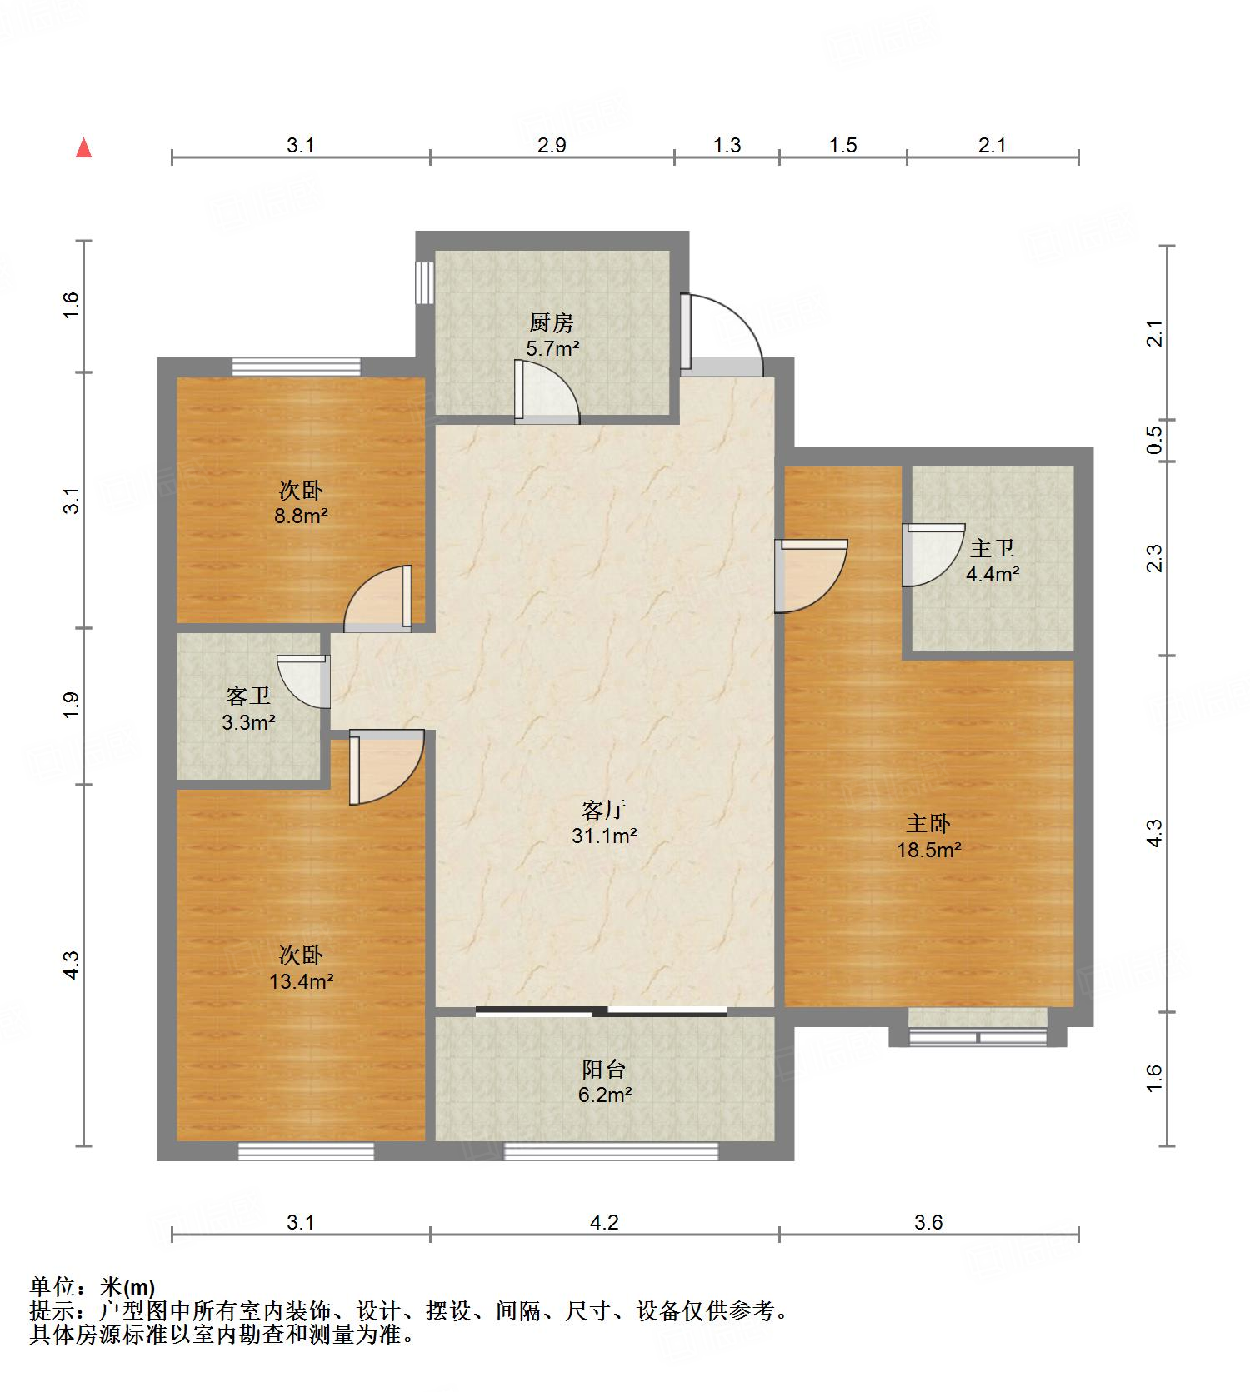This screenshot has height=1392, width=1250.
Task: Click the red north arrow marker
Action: click(83, 147)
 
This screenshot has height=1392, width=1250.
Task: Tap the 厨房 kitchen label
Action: click(551, 322)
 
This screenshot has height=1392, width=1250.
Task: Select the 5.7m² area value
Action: click(552, 349)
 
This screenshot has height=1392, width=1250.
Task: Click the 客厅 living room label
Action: click(604, 809)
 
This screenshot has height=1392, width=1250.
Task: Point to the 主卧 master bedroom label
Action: click(928, 823)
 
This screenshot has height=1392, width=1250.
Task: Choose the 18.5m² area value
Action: click(928, 850)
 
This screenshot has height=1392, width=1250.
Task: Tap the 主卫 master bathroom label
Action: click(992, 547)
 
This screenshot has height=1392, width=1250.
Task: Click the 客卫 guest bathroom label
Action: click(248, 695)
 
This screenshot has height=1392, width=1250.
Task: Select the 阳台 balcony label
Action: click(604, 1069)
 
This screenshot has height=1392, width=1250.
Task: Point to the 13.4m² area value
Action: click(301, 981)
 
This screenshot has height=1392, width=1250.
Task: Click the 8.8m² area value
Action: click(301, 516)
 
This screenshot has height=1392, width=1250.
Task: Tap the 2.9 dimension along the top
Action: click(552, 146)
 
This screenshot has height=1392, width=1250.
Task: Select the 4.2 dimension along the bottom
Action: click(604, 1222)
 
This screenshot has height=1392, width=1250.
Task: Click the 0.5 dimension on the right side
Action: click(1154, 440)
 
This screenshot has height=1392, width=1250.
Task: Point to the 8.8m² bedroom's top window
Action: click(297, 367)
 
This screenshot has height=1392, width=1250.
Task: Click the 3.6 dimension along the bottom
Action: click(928, 1222)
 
